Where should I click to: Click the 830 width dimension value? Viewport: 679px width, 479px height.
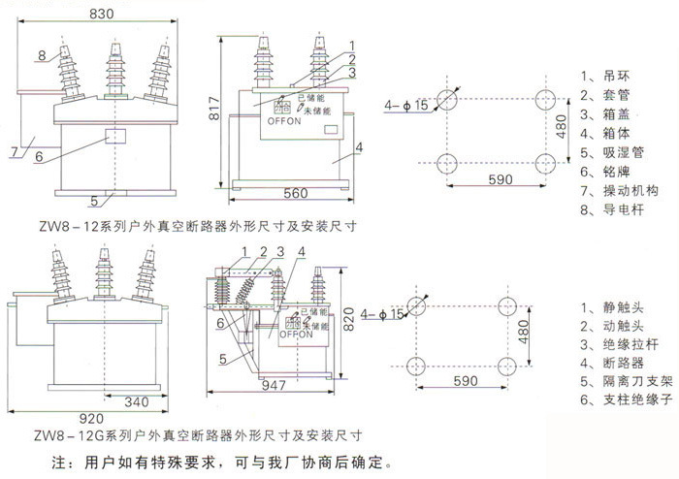pyautogui.click(x=101, y=14)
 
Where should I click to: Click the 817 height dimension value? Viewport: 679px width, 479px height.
pyautogui.click(x=214, y=109)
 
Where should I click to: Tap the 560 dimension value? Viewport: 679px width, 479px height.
pyautogui.click(x=295, y=193)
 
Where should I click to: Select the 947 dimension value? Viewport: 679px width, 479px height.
pyautogui.click(x=274, y=385)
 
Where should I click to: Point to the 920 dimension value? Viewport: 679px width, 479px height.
pyautogui.click(x=91, y=419)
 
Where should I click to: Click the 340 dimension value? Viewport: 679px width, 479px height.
pyautogui.click(x=137, y=401)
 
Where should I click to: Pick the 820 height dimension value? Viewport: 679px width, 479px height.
pyautogui.click(x=348, y=319)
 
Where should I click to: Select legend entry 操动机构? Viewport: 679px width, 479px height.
pyautogui.click(x=619, y=190)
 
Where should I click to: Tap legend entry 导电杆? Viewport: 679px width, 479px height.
pyautogui.click(x=612, y=209)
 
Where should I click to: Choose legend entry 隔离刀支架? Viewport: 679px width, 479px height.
pyautogui.click(x=627, y=381)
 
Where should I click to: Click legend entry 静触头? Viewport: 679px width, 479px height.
pyautogui.click(x=612, y=307)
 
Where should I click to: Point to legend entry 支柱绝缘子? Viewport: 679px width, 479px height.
pyautogui.click(x=627, y=399)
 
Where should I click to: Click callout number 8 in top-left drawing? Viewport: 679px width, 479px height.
pyautogui.click(x=42, y=55)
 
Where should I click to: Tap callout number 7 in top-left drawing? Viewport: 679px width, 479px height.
pyautogui.click(x=15, y=152)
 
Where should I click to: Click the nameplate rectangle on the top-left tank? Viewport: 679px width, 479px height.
pyautogui.click(x=116, y=136)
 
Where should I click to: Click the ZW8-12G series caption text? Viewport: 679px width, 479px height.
pyautogui.click(x=198, y=435)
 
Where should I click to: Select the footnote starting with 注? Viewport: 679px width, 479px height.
pyautogui.click(x=222, y=463)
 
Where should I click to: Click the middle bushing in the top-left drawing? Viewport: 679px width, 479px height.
pyautogui.click(x=115, y=71)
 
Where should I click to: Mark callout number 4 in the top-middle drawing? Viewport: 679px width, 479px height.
pyautogui.click(x=359, y=147)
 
